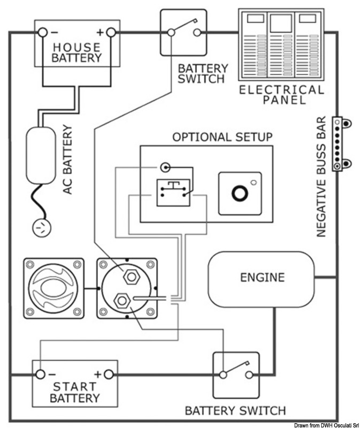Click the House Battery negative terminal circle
click(x=43, y=33)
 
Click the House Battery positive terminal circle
click(x=111, y=33)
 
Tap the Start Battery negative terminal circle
click(x=40, y=373)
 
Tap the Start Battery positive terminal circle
click(x=109, y=373)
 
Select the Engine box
click(x=262, y=278)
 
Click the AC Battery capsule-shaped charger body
click(x=41, y=155)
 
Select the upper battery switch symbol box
click(x=183, y=32)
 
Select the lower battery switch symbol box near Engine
click(x=236, y=374)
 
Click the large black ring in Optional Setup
click(x=239, y=193)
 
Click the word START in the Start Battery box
click(x=74, y=386)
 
